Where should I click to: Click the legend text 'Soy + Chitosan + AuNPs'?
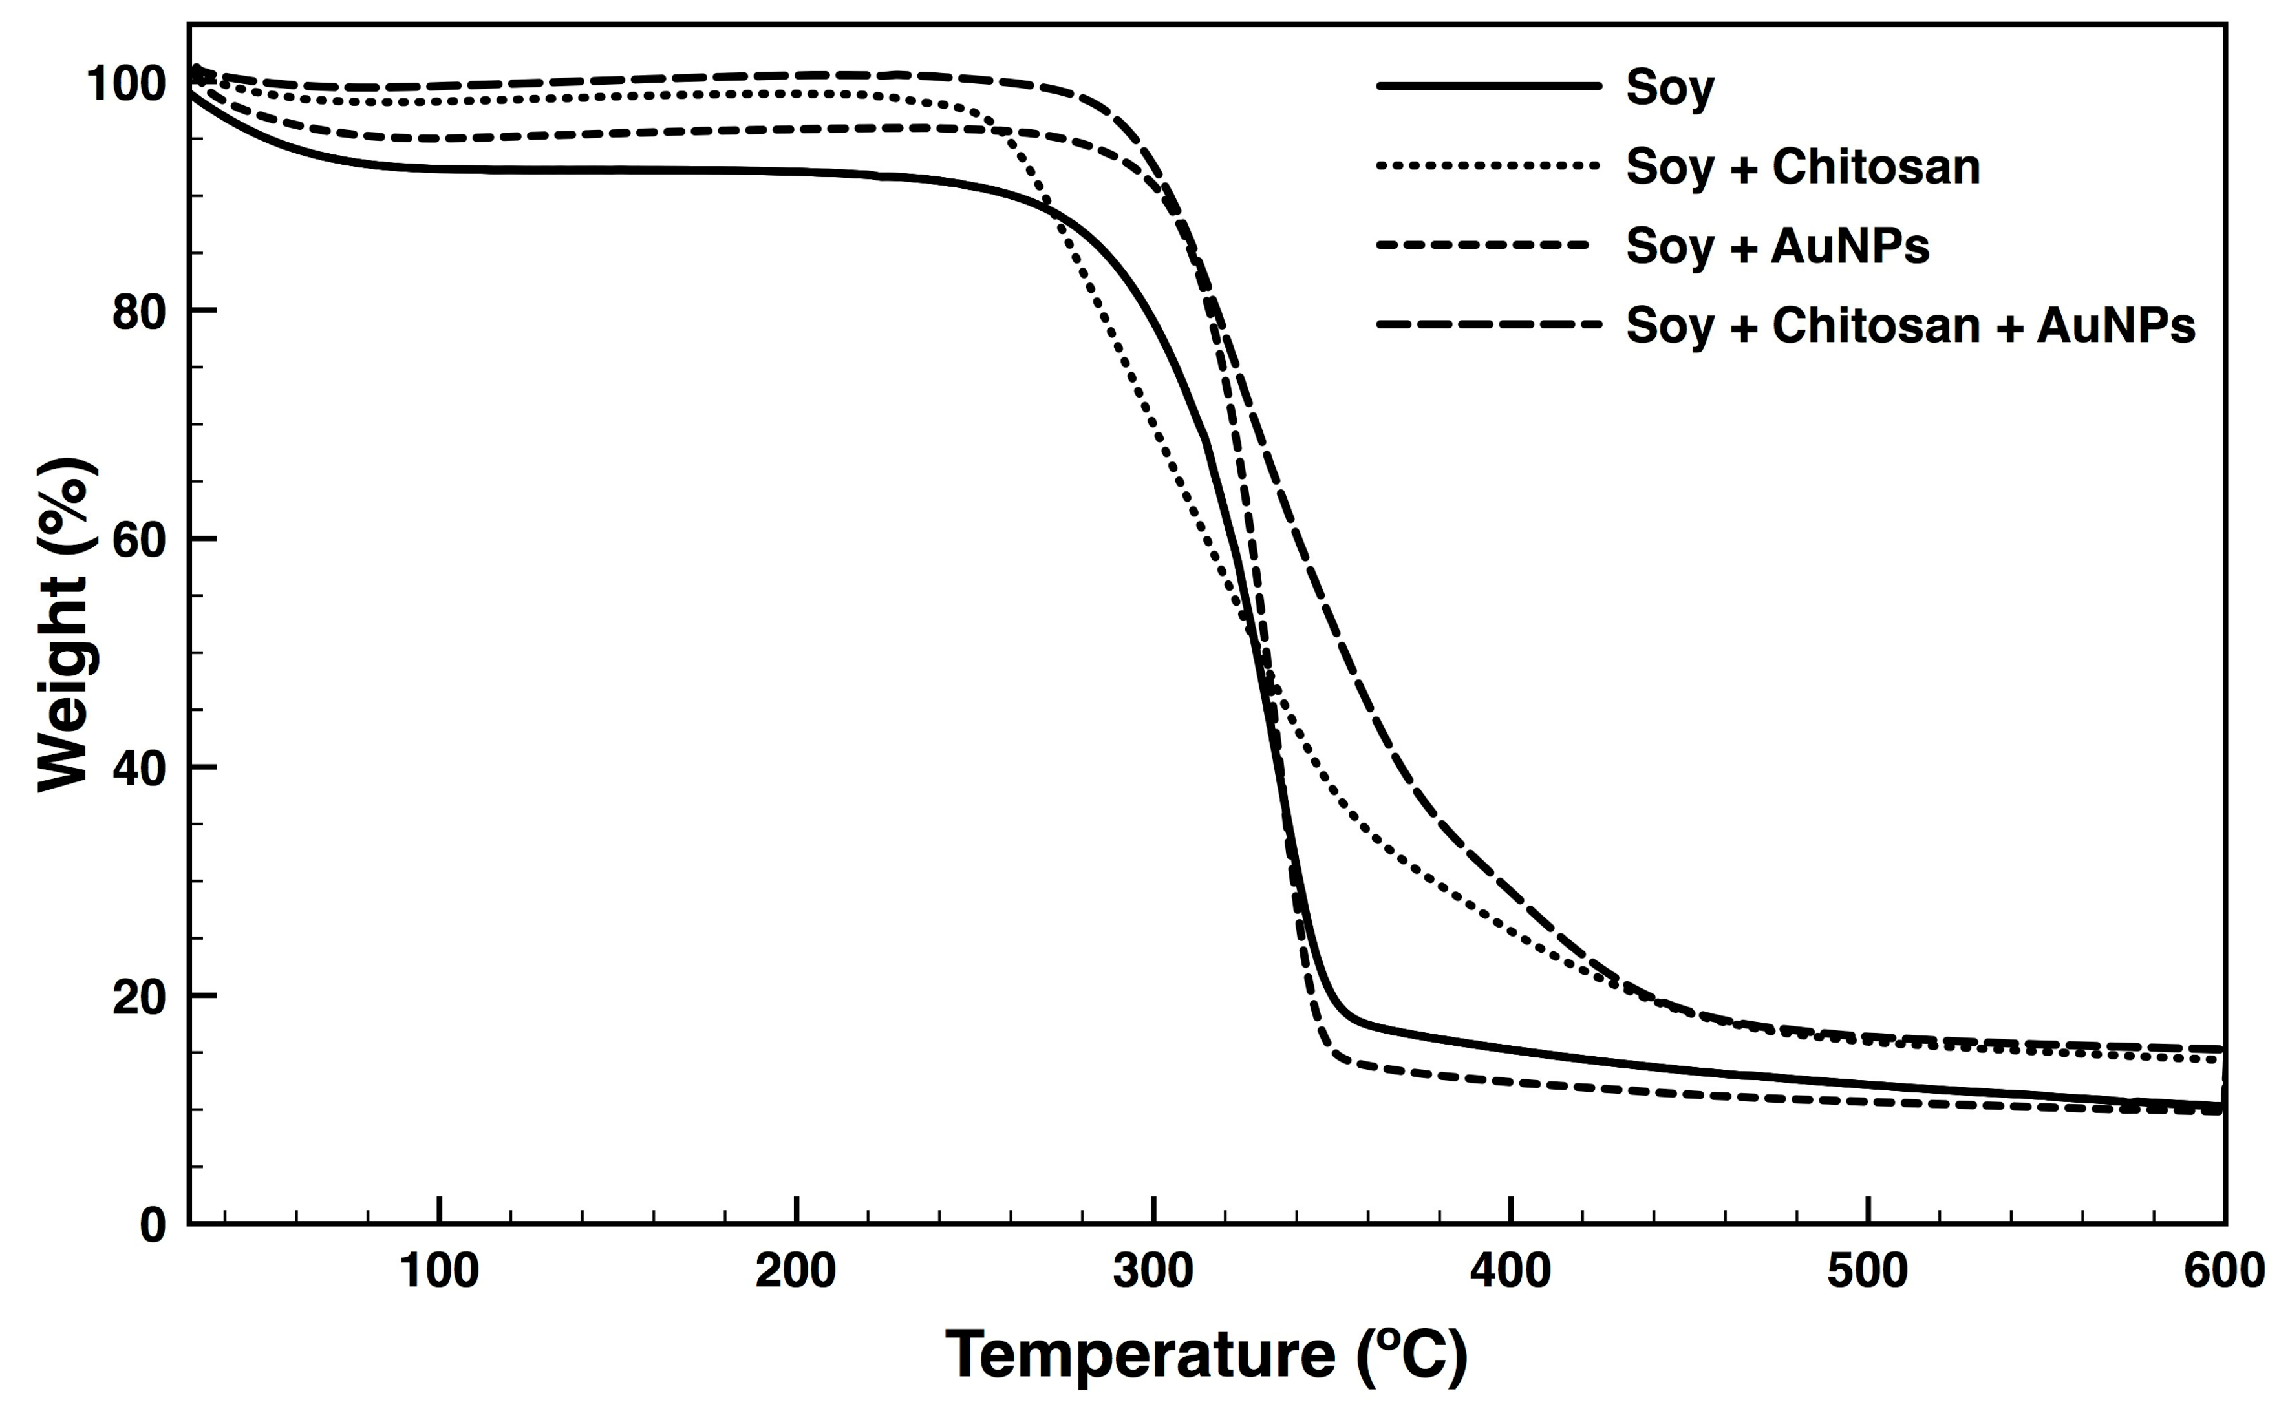[x=1910, y=326]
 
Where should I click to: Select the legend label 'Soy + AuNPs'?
[x=1777, y=246]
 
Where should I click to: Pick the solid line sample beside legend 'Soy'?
[x=1488, y=86]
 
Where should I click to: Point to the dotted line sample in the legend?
[x=1488, y=167]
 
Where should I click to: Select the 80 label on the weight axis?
[x=139, y=313]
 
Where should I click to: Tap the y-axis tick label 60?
[x=139, y=541]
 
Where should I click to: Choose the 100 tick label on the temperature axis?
[x=438, y=1271]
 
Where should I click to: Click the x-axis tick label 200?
[x=796, y=1271]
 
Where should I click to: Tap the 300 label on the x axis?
[x=1153, y=1271]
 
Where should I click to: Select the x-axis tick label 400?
[x=1511, y=1271]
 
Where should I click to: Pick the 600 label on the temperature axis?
[x=2224, y=1271]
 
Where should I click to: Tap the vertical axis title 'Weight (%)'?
[x=65, y=623]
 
